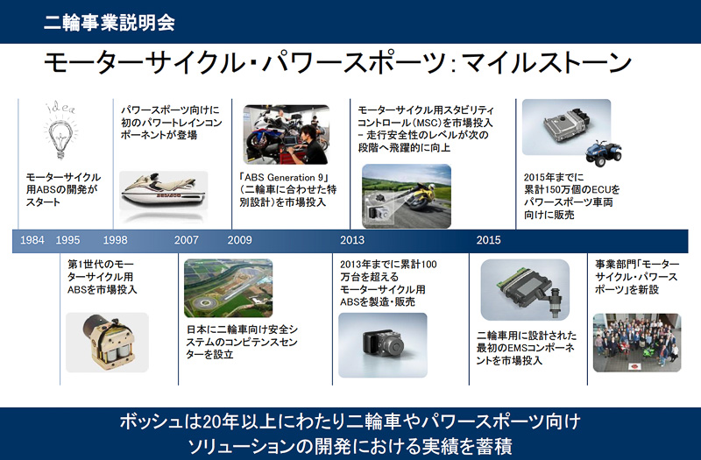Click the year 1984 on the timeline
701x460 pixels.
(x=32, y=239)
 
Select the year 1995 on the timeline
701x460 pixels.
(x=67, y=239)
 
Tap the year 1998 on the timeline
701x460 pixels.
(x=115, y=239)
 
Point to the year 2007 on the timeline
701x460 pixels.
(x=187, y=239)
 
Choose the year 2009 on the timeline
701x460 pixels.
(x=239, y=239)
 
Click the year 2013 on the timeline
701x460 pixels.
(x=352, y=239)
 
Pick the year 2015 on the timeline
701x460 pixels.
(x=489, y=239)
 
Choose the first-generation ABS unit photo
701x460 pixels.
(x=106, y=342)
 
